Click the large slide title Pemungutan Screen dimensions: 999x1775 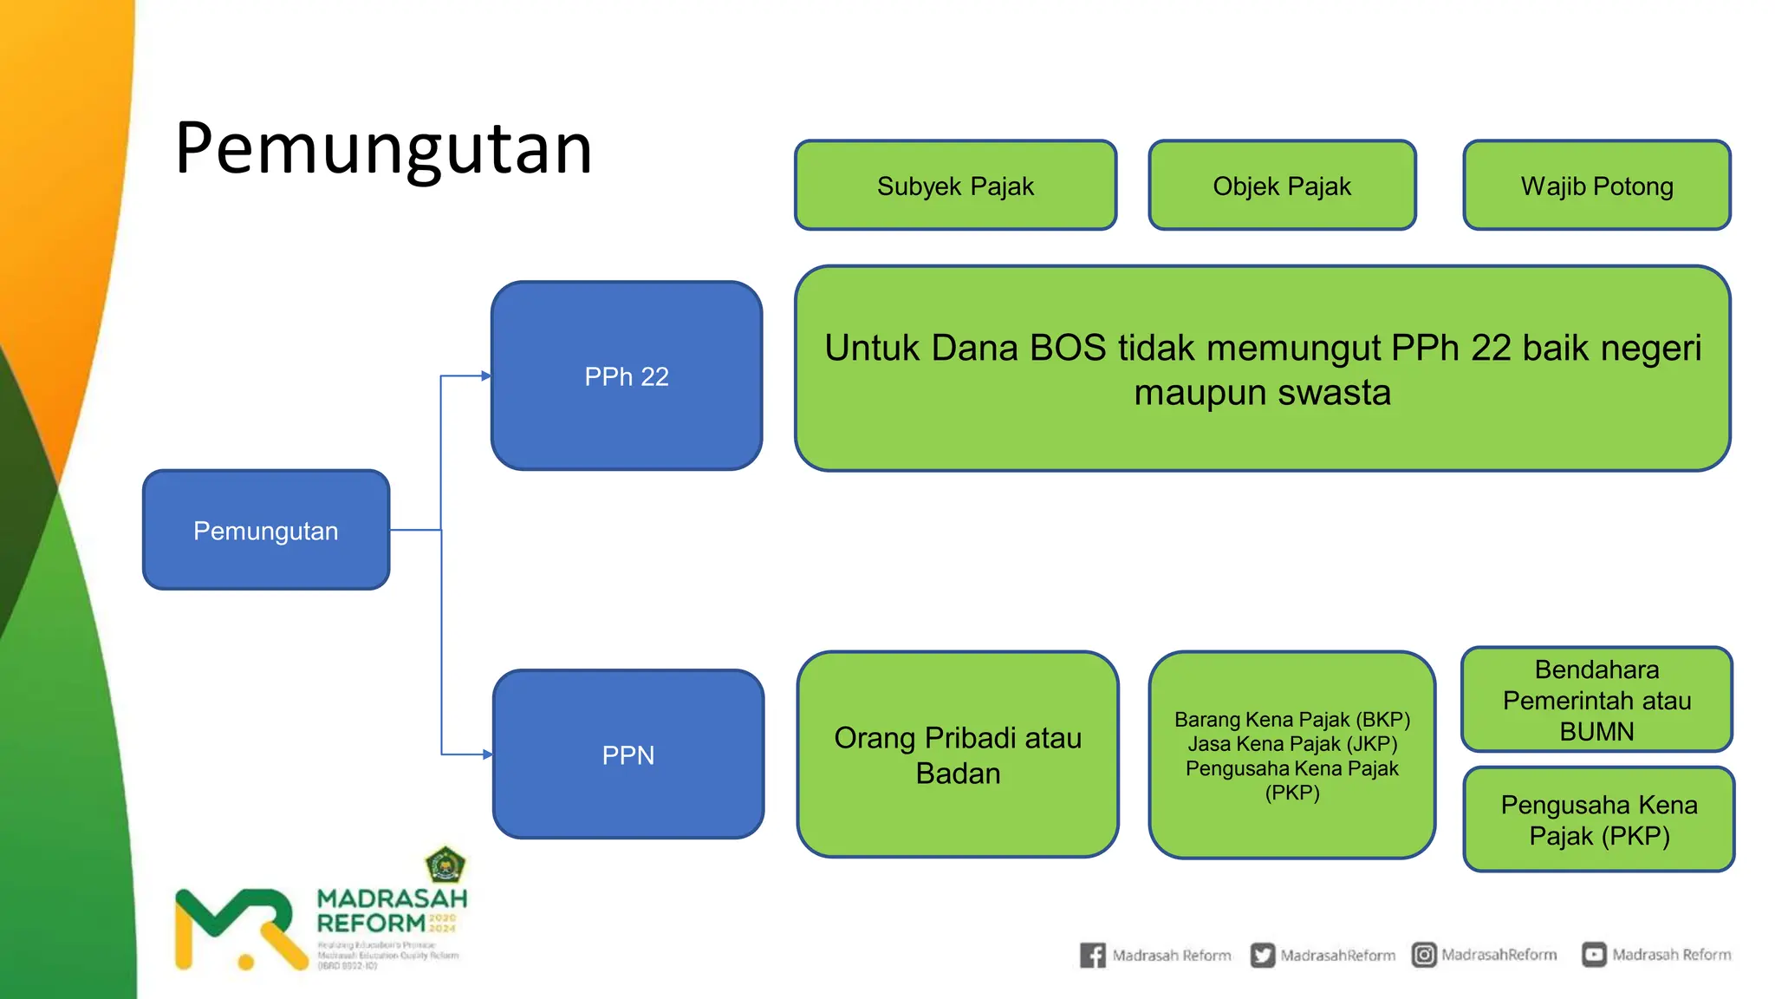pos(383,149)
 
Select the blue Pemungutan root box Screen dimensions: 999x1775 pos(266,530)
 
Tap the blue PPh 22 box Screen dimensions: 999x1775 pos(627,376)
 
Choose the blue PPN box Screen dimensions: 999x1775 pos(628,754)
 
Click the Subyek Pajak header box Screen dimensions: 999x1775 pos(955,186)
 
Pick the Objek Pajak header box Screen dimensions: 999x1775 pos(1282,186)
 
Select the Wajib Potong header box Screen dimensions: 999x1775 pos(1596,186)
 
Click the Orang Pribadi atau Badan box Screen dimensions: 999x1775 pos(958,754)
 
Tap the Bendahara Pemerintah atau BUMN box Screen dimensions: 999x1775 pos(1596,700)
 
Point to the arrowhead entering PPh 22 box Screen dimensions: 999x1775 pos(486,376)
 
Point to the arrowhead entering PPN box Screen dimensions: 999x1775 pos(487,754)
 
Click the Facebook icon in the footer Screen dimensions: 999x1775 pos(1092,955)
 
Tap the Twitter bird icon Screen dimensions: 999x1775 pos(1263,955)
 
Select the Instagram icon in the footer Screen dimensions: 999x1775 pos(1424,955)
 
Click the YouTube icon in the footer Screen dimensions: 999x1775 pos(1594,955)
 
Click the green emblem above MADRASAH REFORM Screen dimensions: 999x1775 pos(445,865)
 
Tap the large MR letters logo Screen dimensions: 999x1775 pos(238,928)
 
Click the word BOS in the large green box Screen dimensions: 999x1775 pos(1068,348)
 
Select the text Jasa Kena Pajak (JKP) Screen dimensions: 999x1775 pos(1292,744)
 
